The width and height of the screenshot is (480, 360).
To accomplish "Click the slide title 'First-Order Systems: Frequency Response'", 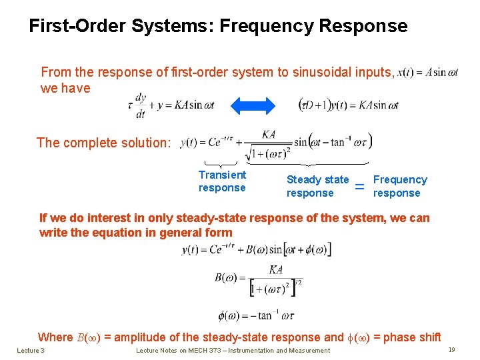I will point(218,26).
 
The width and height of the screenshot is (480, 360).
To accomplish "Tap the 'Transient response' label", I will point(222,181).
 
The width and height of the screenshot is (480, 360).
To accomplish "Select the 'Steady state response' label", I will point(317,186).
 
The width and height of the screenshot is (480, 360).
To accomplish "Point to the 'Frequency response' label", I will point(399,186).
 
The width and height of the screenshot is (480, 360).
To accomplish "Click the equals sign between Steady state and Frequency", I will point(360,187).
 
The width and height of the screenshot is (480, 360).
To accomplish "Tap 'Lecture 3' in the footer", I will point(31,351).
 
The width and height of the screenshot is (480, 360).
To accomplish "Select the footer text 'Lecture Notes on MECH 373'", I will point(233,351).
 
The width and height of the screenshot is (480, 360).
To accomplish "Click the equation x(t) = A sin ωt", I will point(427,73).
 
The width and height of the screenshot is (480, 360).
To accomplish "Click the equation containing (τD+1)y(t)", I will point(349,105).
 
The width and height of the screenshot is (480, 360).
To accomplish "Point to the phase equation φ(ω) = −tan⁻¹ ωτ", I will point(257,316).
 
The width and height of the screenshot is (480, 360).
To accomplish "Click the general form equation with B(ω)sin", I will point(256,250).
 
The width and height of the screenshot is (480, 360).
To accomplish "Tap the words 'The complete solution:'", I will point(104,143).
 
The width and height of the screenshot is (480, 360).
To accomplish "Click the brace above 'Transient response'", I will point(221,164).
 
